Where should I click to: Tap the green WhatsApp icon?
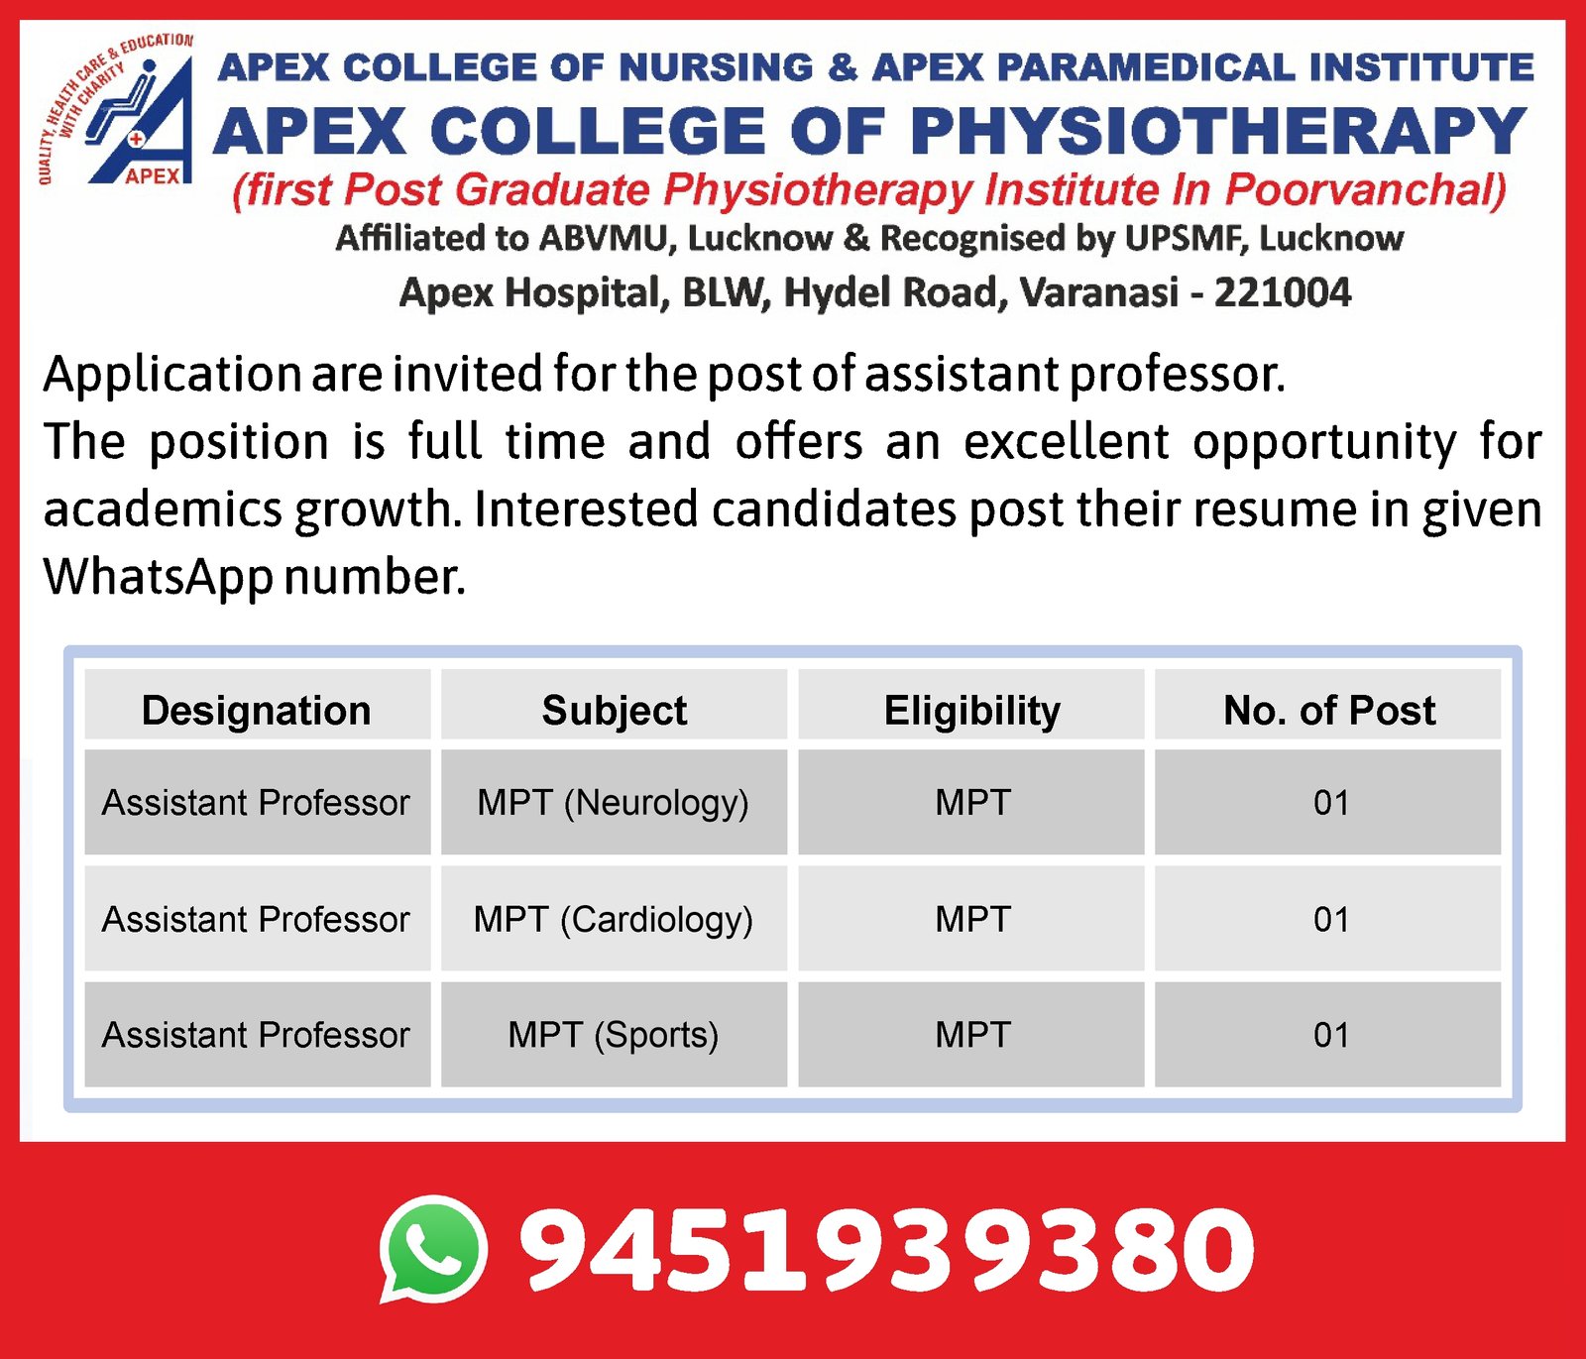point(434,1249)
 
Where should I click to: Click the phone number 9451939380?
point(887,1249)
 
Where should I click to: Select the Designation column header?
point(257,711)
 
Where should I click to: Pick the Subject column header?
point(615,711)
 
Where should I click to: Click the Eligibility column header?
point(972,711)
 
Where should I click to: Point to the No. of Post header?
point(1329,711)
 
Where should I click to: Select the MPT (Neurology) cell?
point(614,803)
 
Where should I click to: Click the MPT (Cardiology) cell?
point(614,920)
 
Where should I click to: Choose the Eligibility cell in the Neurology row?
point(972,803)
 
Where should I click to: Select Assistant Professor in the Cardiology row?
point(256,920)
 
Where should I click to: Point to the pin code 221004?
point(1283,292)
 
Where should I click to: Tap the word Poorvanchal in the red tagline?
point(1366,189)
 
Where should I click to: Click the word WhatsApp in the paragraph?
point(159,577)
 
